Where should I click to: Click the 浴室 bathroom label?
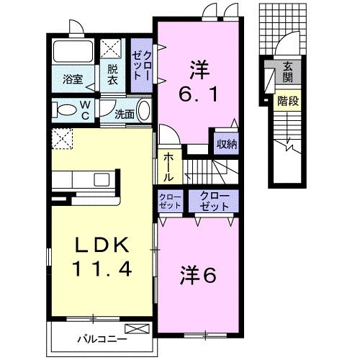[73, 79]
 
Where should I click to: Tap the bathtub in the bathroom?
[73, 51]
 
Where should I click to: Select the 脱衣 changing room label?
[112, 75]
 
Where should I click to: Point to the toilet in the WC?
[64, 110]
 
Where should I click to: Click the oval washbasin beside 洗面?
[143, 111]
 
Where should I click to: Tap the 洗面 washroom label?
[125, 115]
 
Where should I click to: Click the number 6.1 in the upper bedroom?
[199, 94]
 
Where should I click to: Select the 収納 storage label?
[227, 144]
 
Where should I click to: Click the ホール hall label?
[168, 168]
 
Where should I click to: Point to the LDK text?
[101, 244]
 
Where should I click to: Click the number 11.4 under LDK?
[102, 269]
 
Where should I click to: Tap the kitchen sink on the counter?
[102, 180]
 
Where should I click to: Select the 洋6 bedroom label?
[198, 276]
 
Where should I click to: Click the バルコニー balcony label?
[102, 339]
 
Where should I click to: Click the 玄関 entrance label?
[287, 71]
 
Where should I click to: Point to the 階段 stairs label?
[288, 102]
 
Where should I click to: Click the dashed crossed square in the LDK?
[62, 139]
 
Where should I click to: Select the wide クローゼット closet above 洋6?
[214, 201]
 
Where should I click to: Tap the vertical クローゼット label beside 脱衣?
[142, 66]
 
